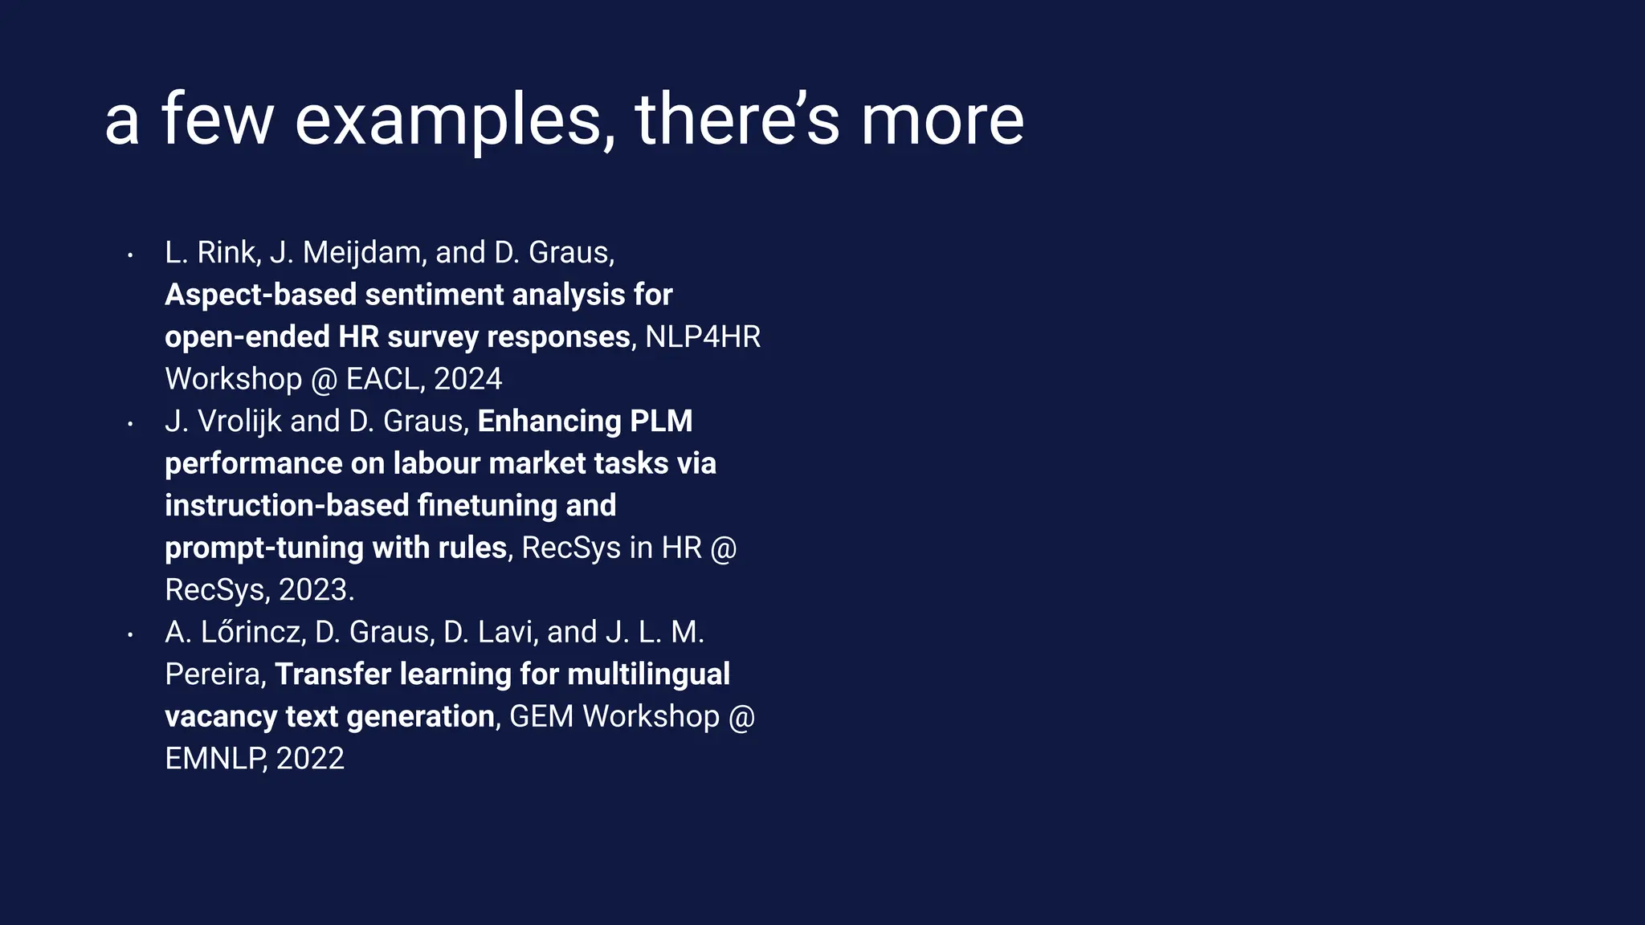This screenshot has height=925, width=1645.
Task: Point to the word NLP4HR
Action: (x=702, y=337)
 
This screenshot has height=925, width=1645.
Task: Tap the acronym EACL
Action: (x=382, y=379)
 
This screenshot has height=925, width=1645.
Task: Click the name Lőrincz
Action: (x=252, y=632)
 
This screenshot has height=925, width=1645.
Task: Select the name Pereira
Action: (x=213, y=674)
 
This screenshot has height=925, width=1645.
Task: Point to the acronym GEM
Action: (x=541, y=716)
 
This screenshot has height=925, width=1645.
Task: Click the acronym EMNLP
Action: (x=214, y=759)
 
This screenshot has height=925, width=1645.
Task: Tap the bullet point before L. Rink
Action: (x=129, y=255)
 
